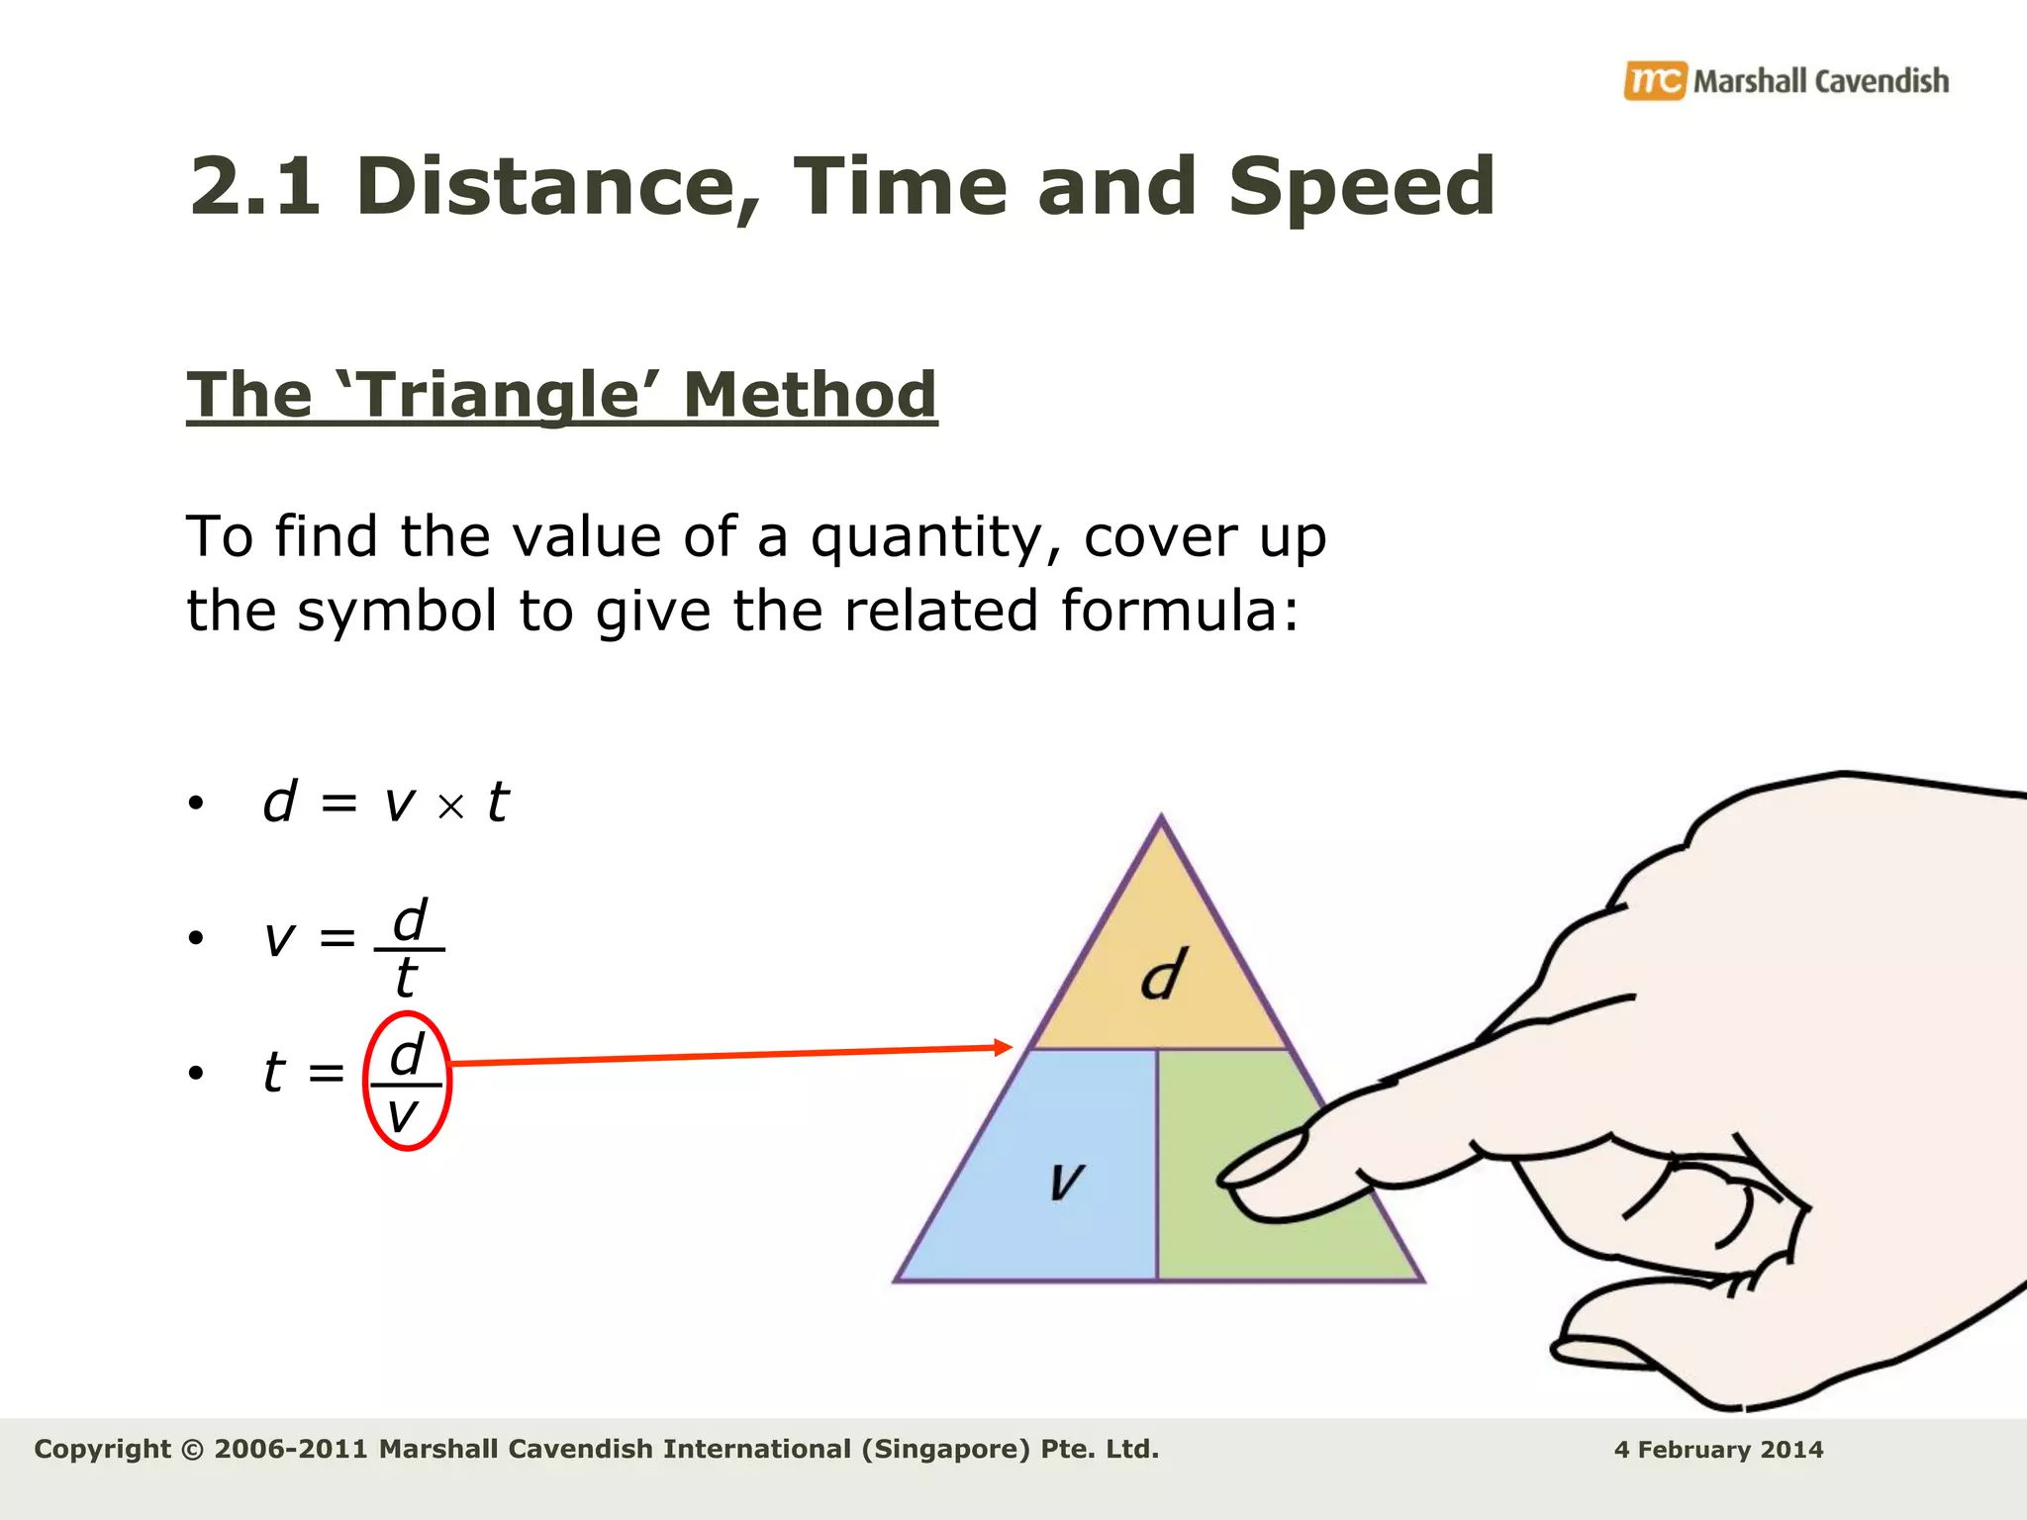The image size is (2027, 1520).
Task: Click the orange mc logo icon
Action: point(1654,80)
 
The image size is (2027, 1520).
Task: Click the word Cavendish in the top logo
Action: point(1882,81)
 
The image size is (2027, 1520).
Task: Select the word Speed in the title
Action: point(1361,188)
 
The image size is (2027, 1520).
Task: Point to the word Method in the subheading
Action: point(810,395)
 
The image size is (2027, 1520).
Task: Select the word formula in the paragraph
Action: point(1169,611)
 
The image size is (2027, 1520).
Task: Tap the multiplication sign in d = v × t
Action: point(450,807)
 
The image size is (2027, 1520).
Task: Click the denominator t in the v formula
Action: point(405,979)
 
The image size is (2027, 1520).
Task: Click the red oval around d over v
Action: point(365,1081)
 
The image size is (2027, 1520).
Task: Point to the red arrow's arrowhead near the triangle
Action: point(1004,1047)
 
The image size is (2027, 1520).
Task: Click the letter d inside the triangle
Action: point(1162,975)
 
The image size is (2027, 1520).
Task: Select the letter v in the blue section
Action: point(1066,1180)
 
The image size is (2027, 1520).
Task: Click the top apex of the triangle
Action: point(1161,819)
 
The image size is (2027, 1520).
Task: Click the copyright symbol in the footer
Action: point(193,1450)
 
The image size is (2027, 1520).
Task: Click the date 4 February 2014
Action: point(1718,1450)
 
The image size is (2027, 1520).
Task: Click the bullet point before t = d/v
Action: point(196,1073)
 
